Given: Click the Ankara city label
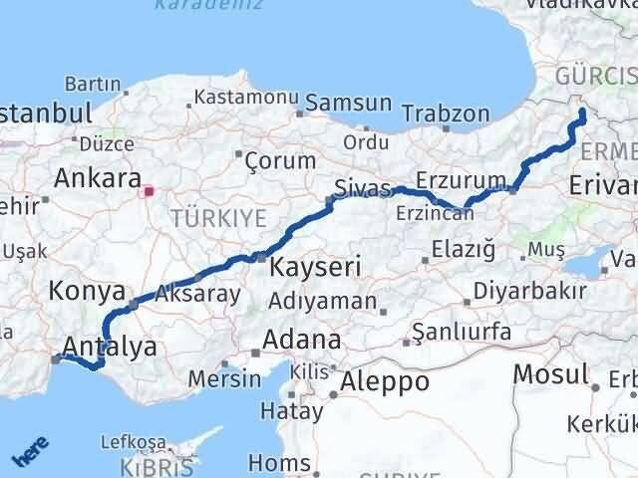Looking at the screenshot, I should (97, 179).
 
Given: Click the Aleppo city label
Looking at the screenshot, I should (385, 381).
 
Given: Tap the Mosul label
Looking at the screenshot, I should (550, 374).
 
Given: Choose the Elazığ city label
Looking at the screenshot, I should (464, 250).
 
